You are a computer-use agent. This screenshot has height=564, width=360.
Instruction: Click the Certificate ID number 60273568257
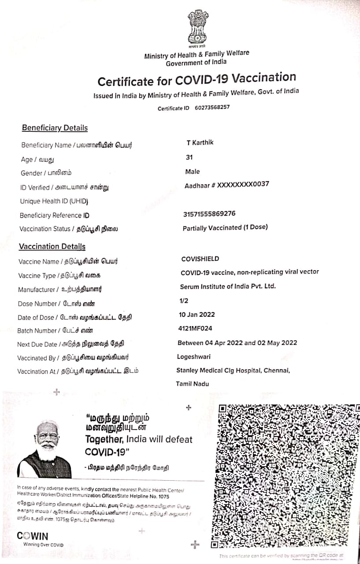coord(212,108)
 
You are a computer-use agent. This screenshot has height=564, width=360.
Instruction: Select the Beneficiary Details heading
coord(55,128)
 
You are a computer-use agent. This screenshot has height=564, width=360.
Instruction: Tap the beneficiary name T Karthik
coord(200,143)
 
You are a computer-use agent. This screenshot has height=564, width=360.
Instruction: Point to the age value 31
coord(189,157)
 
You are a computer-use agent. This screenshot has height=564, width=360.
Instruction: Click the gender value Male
coord(193,171)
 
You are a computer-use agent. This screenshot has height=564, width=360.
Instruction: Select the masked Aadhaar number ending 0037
coord(227,185)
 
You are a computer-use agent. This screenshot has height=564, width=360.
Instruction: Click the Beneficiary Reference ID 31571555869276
coord(209,214)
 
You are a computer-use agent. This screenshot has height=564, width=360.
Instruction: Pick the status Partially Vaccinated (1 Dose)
coord(225,228)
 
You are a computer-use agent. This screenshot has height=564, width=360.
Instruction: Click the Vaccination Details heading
coord(52,247)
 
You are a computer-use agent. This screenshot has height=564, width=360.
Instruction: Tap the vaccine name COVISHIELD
coord(200,259)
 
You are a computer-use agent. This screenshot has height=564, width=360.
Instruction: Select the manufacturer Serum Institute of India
coord(228,286)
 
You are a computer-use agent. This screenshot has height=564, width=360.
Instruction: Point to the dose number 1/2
coord(184,300)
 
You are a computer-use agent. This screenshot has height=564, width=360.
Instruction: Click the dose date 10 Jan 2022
coord(197,314)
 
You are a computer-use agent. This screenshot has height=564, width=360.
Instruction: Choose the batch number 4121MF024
coord(195,328)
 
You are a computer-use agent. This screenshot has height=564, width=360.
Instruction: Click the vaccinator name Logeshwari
coord(194,356)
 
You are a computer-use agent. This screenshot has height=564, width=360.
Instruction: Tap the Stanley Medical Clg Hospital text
coord(233,371)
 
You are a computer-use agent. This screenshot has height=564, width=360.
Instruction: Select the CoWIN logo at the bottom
coord(33,536)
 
